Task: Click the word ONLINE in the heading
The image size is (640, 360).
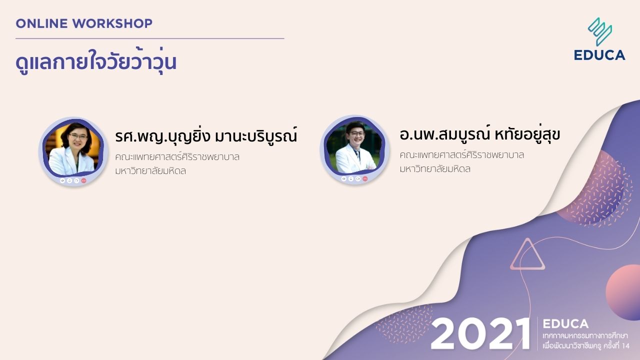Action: point(41,23)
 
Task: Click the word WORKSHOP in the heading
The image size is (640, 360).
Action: point(112,23)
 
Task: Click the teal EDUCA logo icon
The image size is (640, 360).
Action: point(599,31)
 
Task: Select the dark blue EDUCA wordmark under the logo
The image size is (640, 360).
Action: point(599,55)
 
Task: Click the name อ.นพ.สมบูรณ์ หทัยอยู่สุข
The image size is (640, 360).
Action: point(479,134)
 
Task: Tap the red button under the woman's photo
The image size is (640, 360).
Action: point(83,180)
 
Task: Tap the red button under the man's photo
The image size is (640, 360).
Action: point(365,179)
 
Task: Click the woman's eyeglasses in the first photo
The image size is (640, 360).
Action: point(78,136)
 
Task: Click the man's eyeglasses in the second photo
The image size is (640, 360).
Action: point(357,133)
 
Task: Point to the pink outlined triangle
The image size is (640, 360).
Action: point(527,254)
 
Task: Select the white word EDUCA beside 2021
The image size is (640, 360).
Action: point(565,323)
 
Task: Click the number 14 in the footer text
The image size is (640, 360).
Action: point(625,346)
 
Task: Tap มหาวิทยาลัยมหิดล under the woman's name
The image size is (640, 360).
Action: point(150,171)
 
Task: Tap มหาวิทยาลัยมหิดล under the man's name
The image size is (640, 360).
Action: point(435,169)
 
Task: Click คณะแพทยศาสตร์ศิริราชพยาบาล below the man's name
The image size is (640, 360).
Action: point(461,155)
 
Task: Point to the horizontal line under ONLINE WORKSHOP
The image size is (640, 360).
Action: point(149,38)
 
